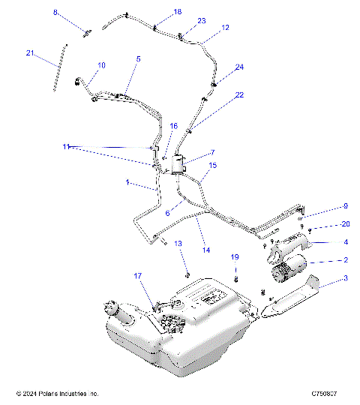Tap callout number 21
[30, 52]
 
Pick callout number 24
[239, 67]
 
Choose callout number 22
[239, 95]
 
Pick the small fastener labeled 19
[234, 279]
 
